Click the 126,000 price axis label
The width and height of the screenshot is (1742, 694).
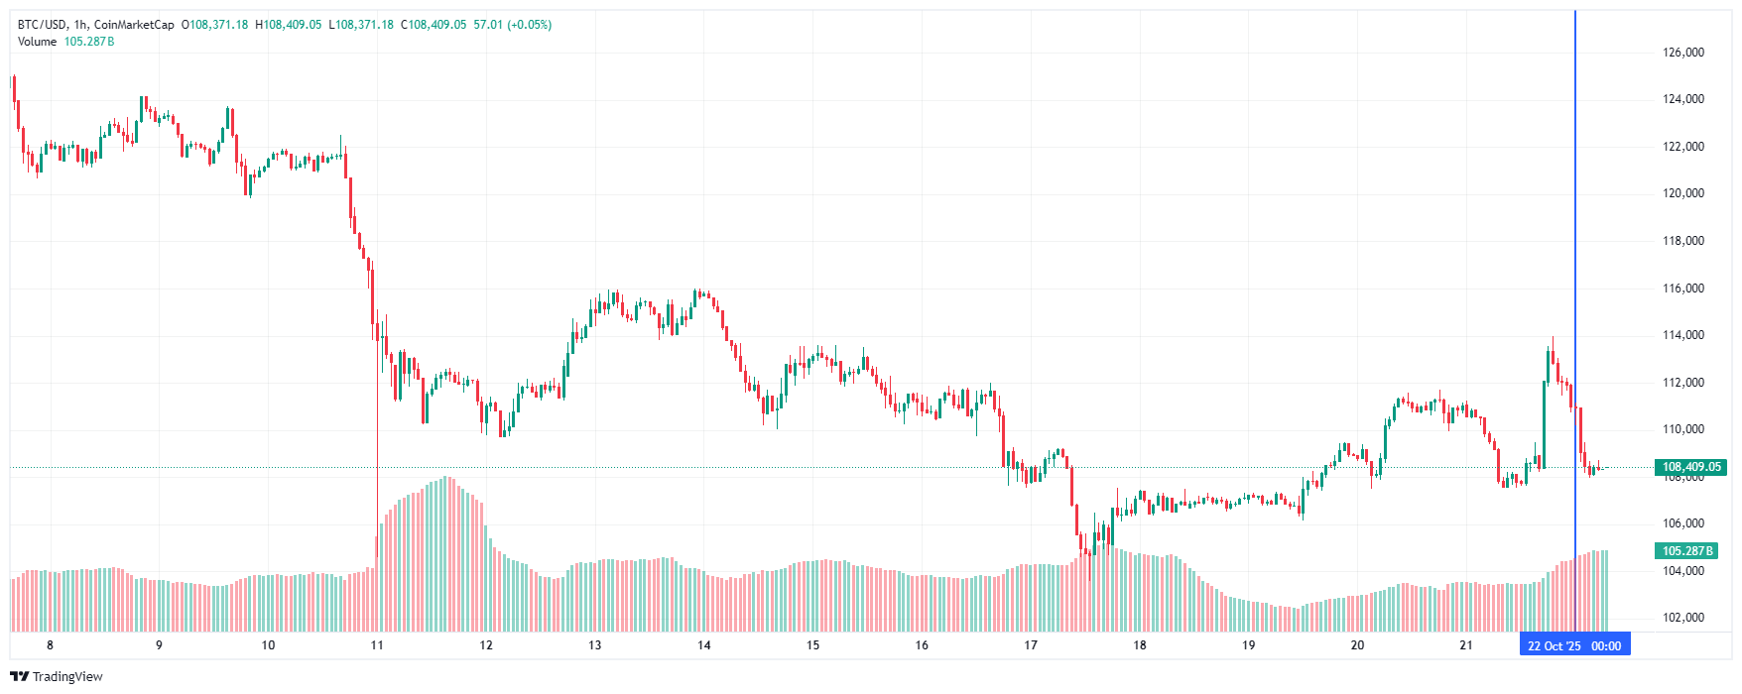(1682, 53)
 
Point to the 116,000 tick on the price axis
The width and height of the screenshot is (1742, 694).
(1682, 289)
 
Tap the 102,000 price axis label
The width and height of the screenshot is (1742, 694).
(1682, 618)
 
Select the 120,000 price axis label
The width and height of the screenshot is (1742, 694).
(1682, 193)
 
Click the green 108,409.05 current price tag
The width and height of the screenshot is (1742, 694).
(1691, 467)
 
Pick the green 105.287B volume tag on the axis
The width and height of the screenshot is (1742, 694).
(1686, 551)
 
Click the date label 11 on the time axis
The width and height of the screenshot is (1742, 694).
(377, 645)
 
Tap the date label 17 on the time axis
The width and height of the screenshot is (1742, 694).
(1031, 645)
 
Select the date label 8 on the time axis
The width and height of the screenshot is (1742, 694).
(50, 645)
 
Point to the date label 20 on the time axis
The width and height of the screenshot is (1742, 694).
(1357, 645)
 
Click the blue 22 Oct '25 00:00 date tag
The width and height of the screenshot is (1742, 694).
(1574, 646)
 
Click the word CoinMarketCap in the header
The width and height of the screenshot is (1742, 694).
(134, 25)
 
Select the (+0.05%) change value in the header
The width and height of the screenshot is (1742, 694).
(529, 25)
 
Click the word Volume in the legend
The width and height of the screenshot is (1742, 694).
(37, 42)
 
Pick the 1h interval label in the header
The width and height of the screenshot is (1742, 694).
(80, 25)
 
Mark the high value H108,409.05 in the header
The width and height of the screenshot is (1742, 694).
(289, 25)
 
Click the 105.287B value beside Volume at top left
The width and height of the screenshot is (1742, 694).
(89, 42)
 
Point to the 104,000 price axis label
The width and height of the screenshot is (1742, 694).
(1682, 571)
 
